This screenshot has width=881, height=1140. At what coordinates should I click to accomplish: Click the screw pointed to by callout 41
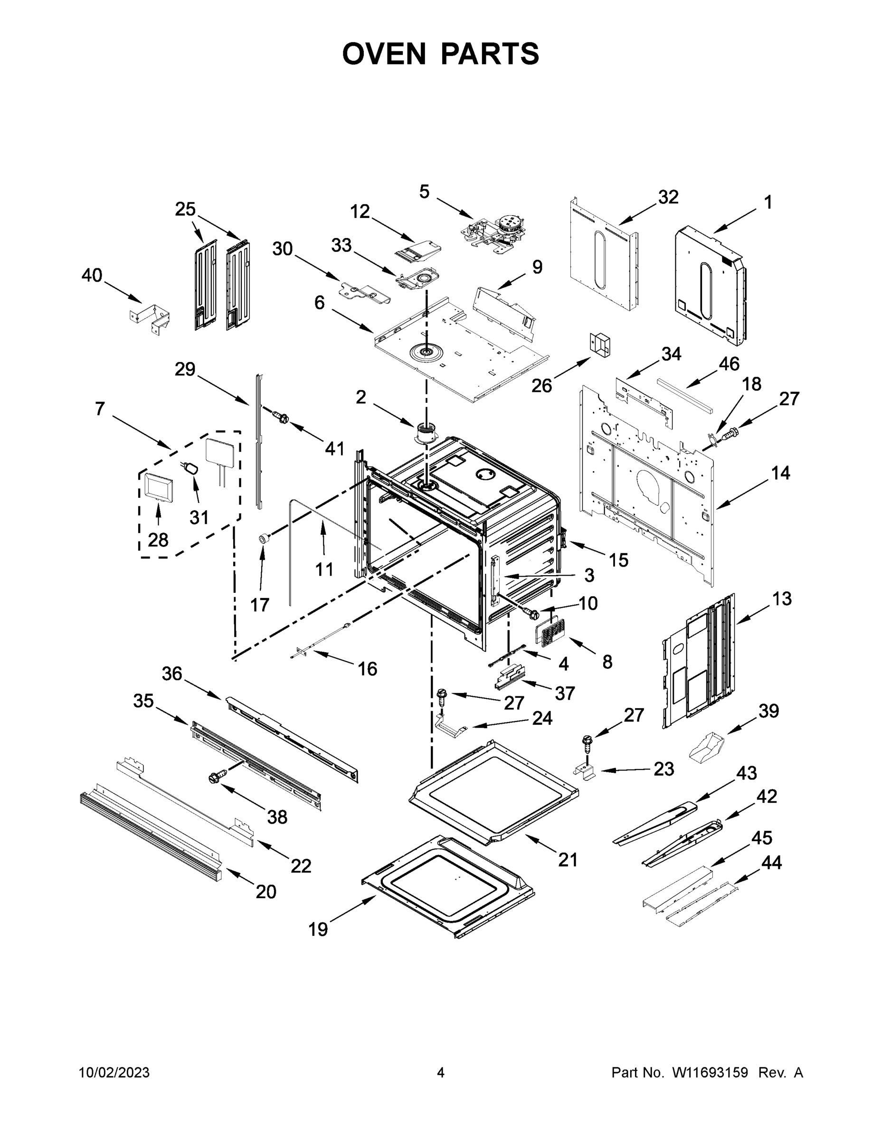[280, 416]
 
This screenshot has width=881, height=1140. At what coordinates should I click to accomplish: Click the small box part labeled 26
[600, 343]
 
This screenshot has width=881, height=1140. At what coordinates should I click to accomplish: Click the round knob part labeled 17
[264, 539]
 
